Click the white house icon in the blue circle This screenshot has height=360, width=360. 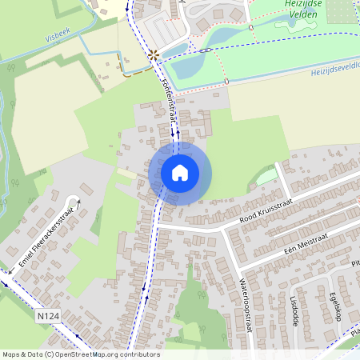(x=180, y=172)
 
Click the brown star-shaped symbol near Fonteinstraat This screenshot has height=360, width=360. (x=153, y=55)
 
